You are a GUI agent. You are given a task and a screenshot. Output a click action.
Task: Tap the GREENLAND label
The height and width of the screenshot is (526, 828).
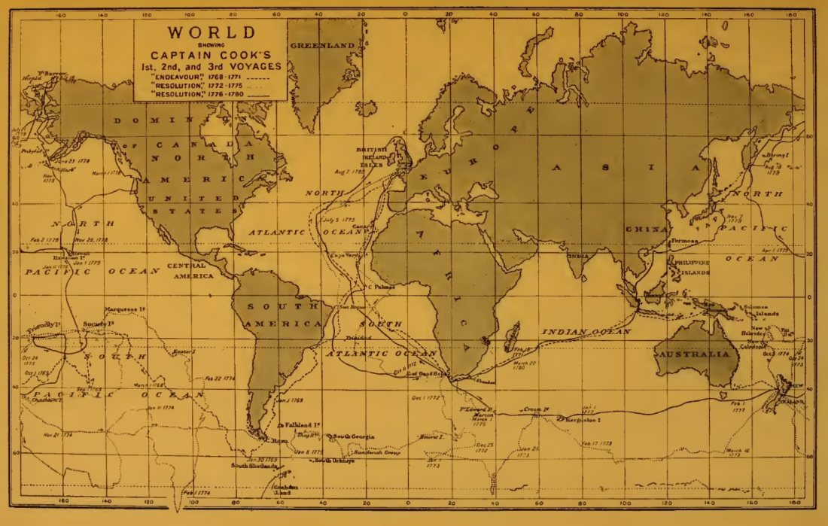[x=322, y=46]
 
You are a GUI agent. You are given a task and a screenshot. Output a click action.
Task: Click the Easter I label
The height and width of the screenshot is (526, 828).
[x=184, y=351]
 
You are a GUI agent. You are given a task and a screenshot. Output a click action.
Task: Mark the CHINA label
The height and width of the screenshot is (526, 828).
[x=647, y=229]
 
